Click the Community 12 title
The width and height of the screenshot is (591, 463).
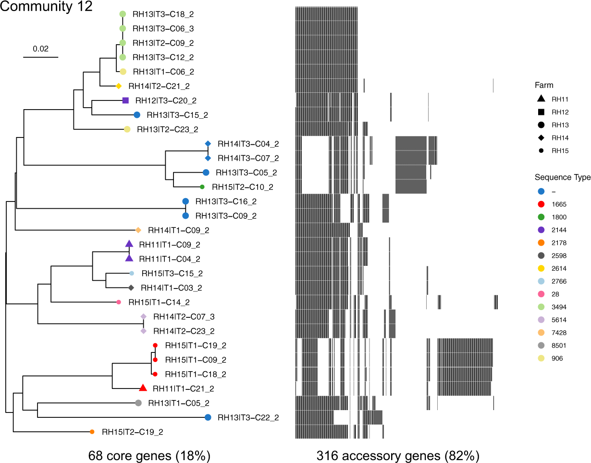(46, 8)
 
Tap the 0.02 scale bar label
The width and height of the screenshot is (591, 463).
(40, 49)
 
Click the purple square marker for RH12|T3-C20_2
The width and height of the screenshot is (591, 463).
(125, 100)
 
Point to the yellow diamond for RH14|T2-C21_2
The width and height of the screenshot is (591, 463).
(118, 87)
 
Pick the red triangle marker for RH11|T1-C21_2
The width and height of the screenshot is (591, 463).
(143, 388)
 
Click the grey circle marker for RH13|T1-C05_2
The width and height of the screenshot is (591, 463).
(138, 403)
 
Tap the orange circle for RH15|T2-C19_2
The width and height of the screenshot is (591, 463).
(92, 432)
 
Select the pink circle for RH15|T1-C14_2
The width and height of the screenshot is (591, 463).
(118, 302)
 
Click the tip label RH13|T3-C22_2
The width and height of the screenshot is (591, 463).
(248, 417)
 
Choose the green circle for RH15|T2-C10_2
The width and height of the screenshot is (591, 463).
(202, 187)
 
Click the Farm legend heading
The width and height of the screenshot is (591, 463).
(544, 86)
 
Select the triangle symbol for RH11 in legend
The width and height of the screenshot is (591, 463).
(541, 100)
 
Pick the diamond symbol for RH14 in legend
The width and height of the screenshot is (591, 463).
(541, 138)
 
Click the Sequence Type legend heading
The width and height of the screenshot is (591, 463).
(563, 177)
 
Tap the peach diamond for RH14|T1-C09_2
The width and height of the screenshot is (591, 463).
(138, 230)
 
